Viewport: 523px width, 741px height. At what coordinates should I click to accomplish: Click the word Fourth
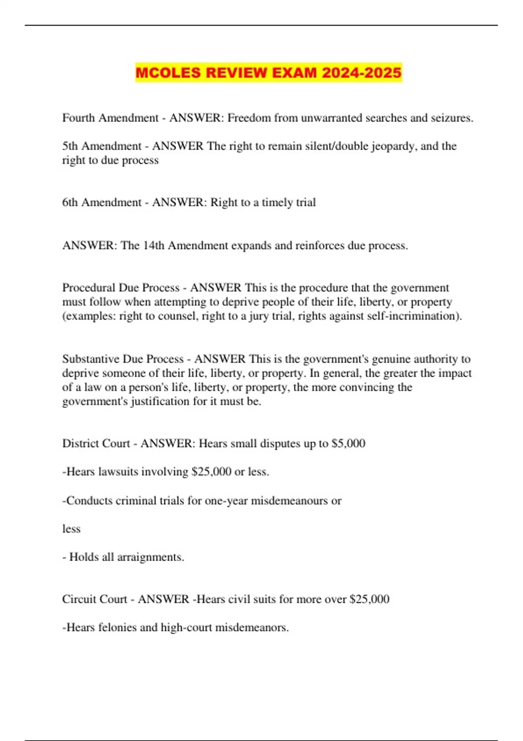pos(78,118)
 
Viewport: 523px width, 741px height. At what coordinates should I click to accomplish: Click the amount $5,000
pos(348,443)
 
